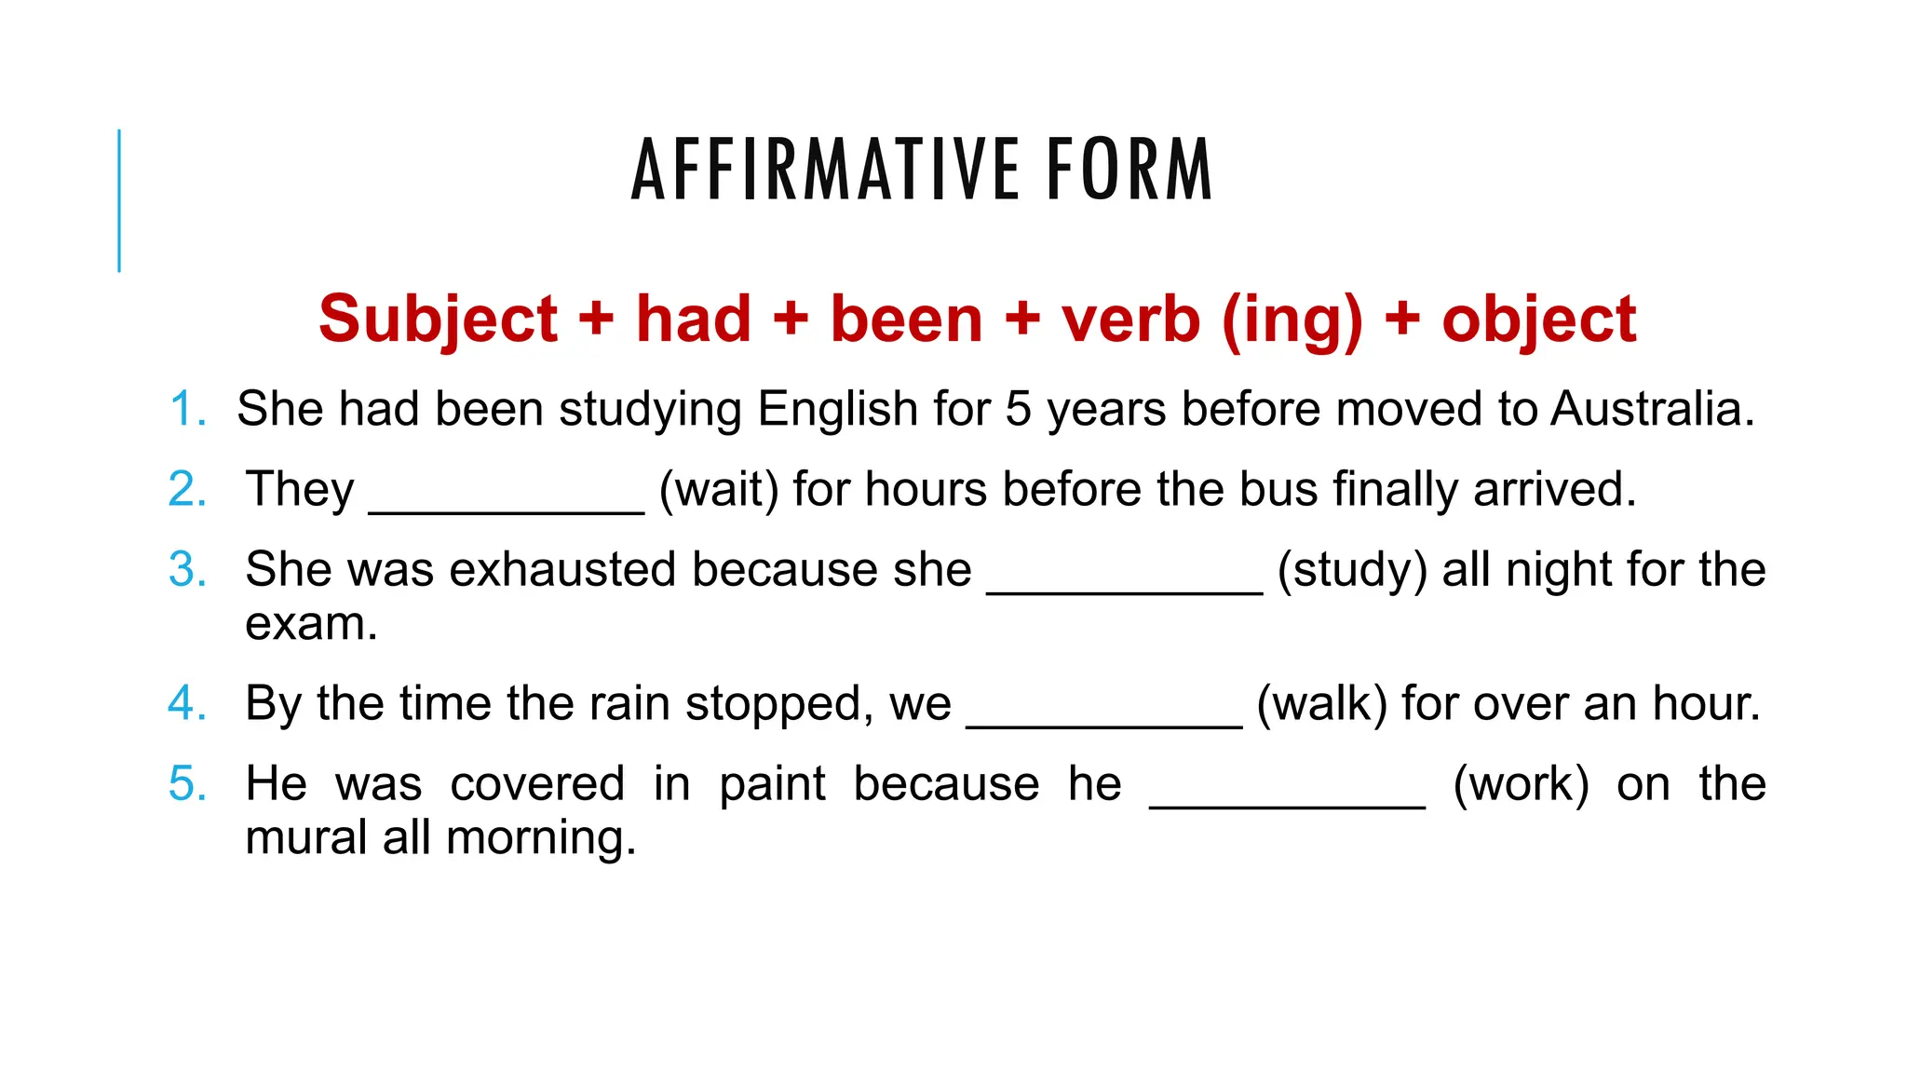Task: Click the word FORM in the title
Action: pyautogui.click(x=1129, y=170)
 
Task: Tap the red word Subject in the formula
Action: pyautogui.click(x=438, y=319)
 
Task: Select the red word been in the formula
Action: pyautogui.click(x=906, y=319)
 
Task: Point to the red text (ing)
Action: pyautogui.click(x=1292, y=319)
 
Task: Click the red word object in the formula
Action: pyautogui.click(x=1538, y=319)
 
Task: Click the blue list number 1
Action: pyautogui.click(x=187, y=410)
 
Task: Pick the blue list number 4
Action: pyautogui.click(x=187, y=703)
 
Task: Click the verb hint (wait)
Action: pyautogui.click(x=719, y=490)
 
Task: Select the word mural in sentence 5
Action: pyautogui.click(x=306, y=837)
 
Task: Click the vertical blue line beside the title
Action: pyautogui.click(x=119, y=200)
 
